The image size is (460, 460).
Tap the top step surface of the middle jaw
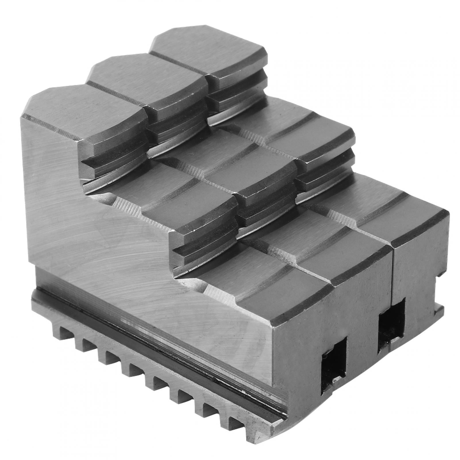144,83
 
